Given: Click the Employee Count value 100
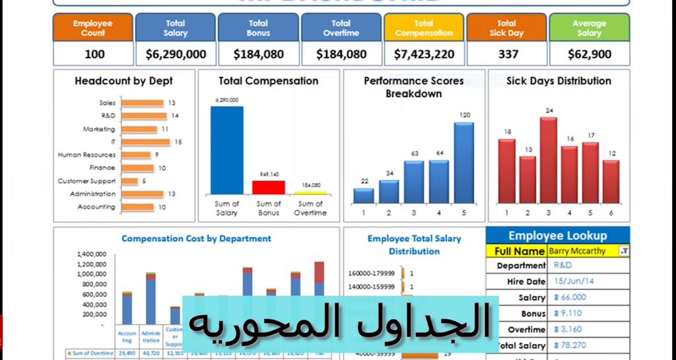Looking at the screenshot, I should click(93, 54).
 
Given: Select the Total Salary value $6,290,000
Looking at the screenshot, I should click(176, 54).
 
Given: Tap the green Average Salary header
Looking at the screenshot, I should click(590, 28).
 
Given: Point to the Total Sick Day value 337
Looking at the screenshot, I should click(507, 54).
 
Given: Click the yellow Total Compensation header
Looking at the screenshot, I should click(424, 28).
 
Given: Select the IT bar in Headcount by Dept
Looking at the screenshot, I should click(145, 142).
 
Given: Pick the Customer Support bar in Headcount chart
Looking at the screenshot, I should click(129, 181).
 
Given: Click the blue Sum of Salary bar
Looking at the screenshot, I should click(226, 149).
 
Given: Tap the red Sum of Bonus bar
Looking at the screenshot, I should click(269, 187).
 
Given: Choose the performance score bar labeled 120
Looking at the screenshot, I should click(464, 162).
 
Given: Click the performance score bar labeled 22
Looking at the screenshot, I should click(364, 196).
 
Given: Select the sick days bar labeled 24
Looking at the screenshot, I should click(549, 160).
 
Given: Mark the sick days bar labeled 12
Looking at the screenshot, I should click(611, 181).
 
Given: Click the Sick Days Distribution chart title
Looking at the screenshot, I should click(558, 81).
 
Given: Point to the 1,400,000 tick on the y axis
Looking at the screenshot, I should click(92, 254).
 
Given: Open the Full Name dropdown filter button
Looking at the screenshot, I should click(625, 251).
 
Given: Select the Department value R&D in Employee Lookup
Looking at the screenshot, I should click(563, 266).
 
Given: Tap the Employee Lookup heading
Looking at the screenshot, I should click(557, 236).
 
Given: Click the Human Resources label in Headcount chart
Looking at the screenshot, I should click(86, 155).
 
